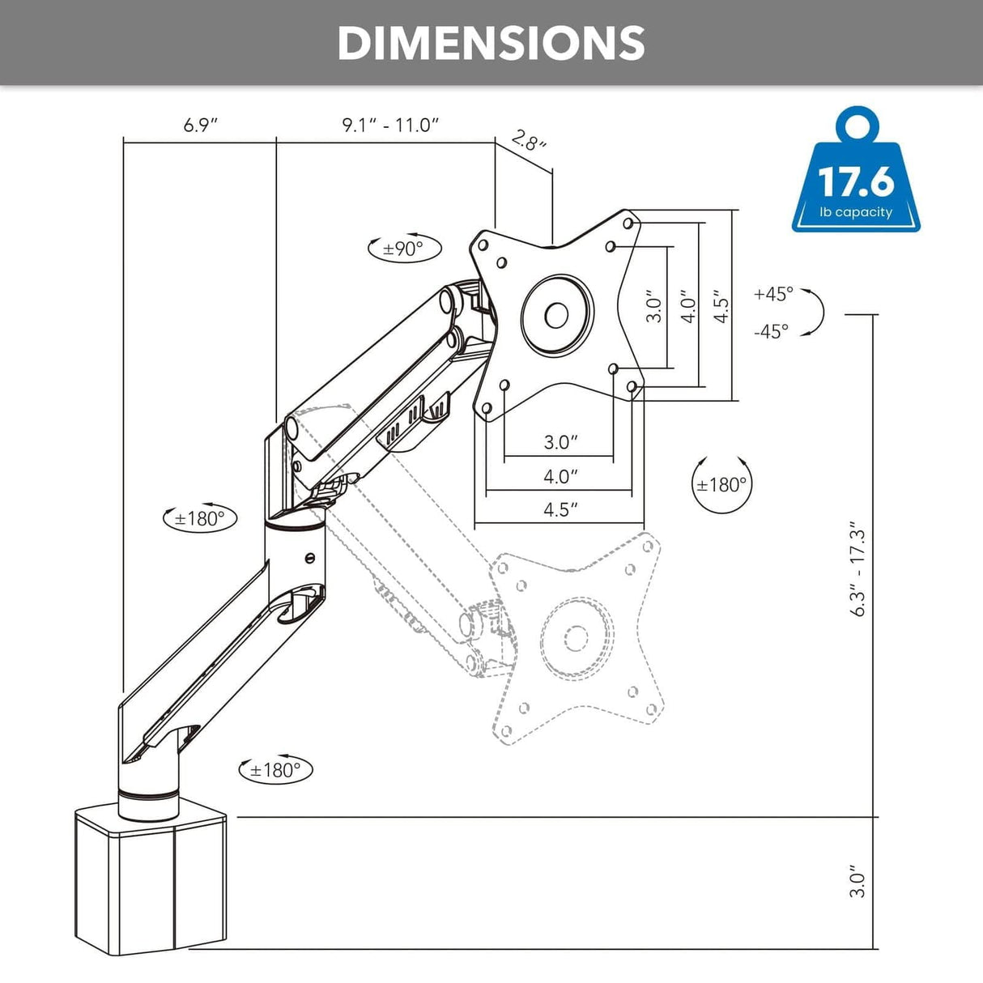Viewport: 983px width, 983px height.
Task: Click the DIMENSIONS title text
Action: pyautogui.click(x=491, y=44)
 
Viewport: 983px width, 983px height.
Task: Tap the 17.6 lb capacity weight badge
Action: pyautogui.click(x=856, y=169)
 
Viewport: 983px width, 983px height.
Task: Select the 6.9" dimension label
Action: pyautogui.click(x=201, y=125)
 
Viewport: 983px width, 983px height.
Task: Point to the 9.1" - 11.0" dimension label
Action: pyautogui.click(x=391, y=125)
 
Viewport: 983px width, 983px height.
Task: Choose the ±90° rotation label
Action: pyautogui.click(x=403, y=249)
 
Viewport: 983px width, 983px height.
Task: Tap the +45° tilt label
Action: pyautogui.click(x=774, y=294)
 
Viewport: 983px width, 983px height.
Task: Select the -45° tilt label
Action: pyautogui.click(x=772, y=331)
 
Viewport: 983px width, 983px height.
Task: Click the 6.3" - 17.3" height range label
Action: pyautogui.click(x=858, y=568)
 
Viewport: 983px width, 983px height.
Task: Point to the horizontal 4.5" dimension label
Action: pyautogui.click(x=560, y=509)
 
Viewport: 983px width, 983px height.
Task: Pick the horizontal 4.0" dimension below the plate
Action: pyautogui.click(x=560, y=476)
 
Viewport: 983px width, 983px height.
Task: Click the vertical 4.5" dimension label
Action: pyautogui.click(x=721, y=307)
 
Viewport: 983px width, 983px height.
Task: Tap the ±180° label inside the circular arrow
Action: pyautogui.click(x=721, y=484)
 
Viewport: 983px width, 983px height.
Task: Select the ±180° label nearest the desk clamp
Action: pyautogui.click(x=275, y=770)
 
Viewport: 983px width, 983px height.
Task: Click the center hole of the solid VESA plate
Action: pyautogui.click(x=556, y=315)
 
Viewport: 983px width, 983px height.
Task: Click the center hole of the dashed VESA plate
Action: pyautogui.click(x=576, y=637)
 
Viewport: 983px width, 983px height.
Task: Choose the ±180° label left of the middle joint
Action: pyautogui.click(x=199, y=519)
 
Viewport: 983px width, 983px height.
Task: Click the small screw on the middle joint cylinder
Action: pyautogui.click(x=309, y=558)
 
